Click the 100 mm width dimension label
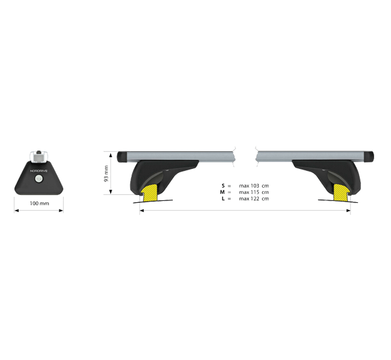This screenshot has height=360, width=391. coord(40,204)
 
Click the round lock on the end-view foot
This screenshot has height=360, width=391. coord(40,179)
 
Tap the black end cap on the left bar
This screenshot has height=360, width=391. coord(123,157)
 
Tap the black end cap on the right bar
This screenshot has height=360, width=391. coord(370,157)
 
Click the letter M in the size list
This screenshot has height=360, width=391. coord(222,192)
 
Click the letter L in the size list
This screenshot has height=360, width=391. coord(222,198)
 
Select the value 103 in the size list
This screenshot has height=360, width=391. coord(256,187)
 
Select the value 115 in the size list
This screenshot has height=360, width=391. coord(256,192)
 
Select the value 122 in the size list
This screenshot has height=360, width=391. coord(256,198)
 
